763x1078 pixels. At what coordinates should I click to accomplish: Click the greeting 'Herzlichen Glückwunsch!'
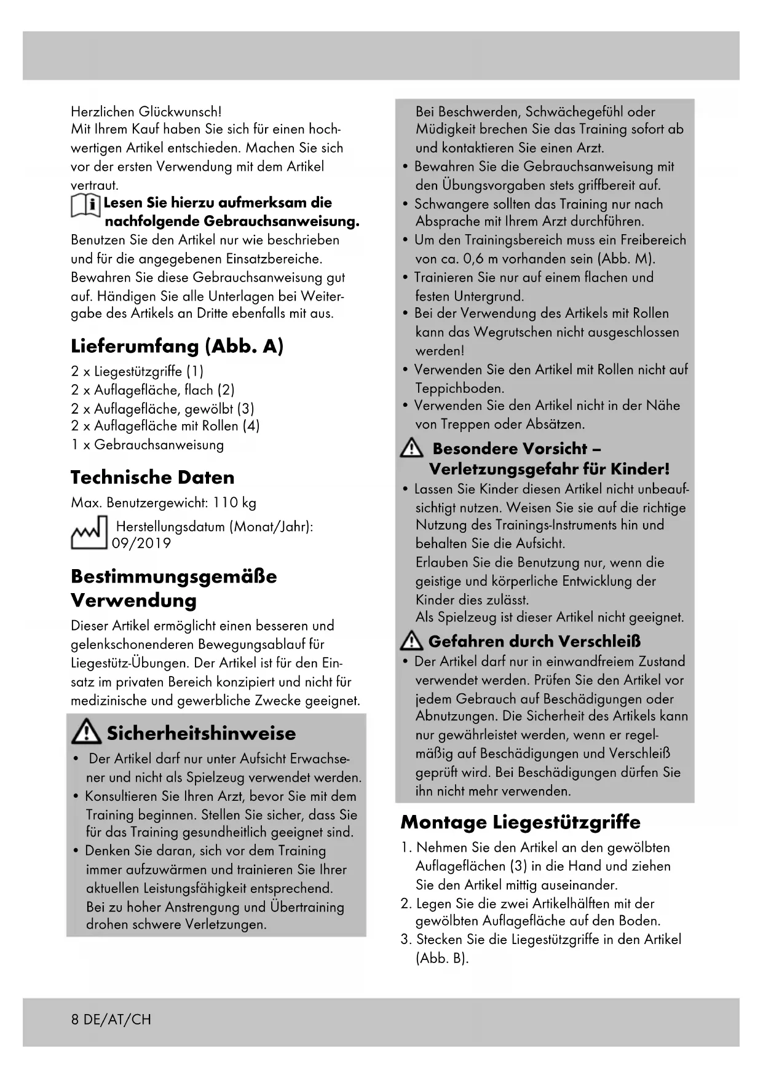pos(146,112)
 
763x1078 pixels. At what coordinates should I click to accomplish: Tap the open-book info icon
pos(85,205)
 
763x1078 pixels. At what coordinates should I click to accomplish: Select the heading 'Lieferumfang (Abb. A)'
pos(177,346)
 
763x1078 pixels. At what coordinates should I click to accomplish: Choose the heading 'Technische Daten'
pos(152,478)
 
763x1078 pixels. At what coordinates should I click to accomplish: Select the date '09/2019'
pos(141,543)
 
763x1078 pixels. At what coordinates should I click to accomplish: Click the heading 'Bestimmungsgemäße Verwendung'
pos(173,588)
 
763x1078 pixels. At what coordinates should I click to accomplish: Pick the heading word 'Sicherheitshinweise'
pos(201,733)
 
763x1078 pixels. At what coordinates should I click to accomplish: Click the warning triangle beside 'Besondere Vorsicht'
pos(411,450)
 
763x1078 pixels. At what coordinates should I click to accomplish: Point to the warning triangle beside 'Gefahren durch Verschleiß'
pos(411,642)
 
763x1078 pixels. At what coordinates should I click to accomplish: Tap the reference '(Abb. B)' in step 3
pos(442,958)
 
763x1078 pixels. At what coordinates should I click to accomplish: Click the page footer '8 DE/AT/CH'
pos(111,1020)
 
